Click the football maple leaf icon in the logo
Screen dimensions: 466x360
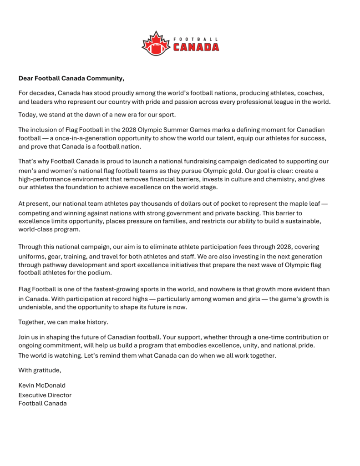[x=156, y=44]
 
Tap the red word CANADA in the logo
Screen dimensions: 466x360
[x=196, y=47]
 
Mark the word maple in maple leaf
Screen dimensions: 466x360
[x=300, y=203]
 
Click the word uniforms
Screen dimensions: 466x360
[x=32, y=256]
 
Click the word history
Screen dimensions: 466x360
[x=96, y=322]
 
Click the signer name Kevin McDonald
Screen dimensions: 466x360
[x=42, y=385]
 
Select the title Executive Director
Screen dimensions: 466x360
[x=45, y=395]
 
